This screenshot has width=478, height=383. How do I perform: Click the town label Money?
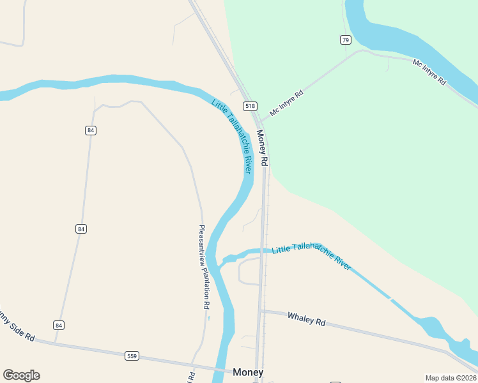[x=248, y=372]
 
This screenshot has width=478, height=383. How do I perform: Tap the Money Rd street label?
[x=262, y=148]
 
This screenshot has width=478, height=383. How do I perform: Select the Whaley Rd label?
[x=306, y=319]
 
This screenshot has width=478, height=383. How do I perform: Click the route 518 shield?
[x=249, y=106]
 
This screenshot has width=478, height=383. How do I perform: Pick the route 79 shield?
[x=345, y=40]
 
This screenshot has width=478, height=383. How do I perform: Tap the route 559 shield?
[x=132, y=356]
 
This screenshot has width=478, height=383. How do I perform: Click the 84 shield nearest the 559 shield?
[x=59, y=325]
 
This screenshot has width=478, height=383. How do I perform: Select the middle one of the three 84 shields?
[x=81, y=229]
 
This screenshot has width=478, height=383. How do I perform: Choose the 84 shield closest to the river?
[x=90, y=130]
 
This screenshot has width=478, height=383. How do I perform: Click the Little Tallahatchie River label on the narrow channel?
[x=311, y=257]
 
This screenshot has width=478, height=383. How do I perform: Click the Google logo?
[x=21, y=375]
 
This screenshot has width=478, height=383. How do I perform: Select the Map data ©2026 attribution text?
[x=451, y=378]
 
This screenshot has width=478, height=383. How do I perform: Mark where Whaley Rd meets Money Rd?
[x=261, y=312]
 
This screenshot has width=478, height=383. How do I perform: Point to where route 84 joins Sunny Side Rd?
[x=55, y=342]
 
